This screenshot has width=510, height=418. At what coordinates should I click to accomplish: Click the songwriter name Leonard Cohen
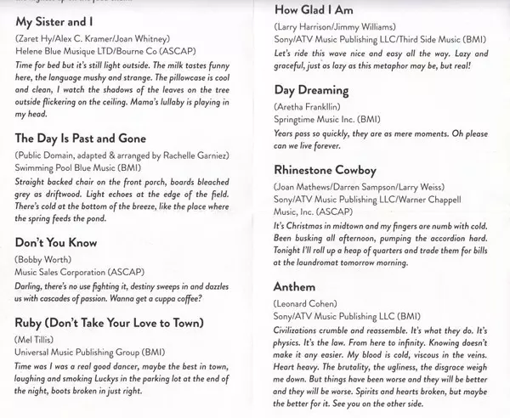[x=308, y=303]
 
